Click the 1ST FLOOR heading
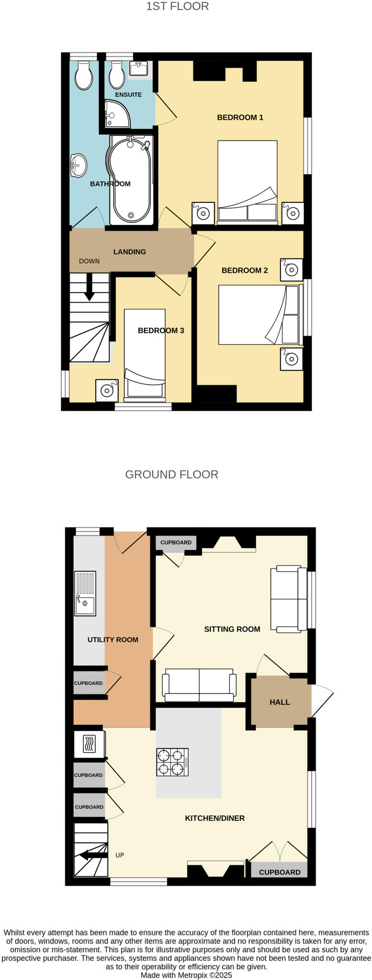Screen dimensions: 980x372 [x=177, y=7]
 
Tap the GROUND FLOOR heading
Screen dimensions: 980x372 [x=171, y=475]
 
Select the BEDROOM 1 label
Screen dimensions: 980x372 [x=240, y=117]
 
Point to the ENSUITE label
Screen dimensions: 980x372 [x=128, y=95]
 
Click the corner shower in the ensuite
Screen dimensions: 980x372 [x=116, y=114]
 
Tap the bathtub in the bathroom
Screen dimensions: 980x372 [x=131, y=179]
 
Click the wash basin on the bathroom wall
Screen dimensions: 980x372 [x=78, y=166]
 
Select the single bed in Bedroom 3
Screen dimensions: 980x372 [x=145, y=354]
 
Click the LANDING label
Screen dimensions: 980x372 [x=129, y=252]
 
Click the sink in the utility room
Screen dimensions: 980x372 [x=85, y=593]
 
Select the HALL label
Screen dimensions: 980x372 [x=280, y=702]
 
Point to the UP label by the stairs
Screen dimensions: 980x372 [x=120, y=855]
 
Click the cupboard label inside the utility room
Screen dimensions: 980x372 [x=88, y=683]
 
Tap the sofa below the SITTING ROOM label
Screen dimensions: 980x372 [x=199, y=685]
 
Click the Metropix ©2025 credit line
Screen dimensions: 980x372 [x=186, y=975]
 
